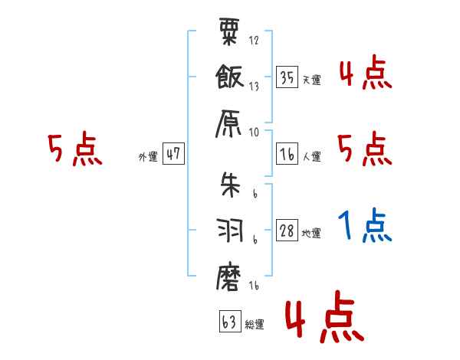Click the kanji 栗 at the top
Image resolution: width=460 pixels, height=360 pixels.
229,35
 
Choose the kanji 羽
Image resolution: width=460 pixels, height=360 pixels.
229,231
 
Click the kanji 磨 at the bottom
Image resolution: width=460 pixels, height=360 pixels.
229,276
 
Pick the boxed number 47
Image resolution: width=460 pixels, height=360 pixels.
173,154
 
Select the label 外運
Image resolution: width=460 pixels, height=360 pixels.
148,157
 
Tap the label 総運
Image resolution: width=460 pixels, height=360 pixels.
255,324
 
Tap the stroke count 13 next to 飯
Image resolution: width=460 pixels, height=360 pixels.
254,87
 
